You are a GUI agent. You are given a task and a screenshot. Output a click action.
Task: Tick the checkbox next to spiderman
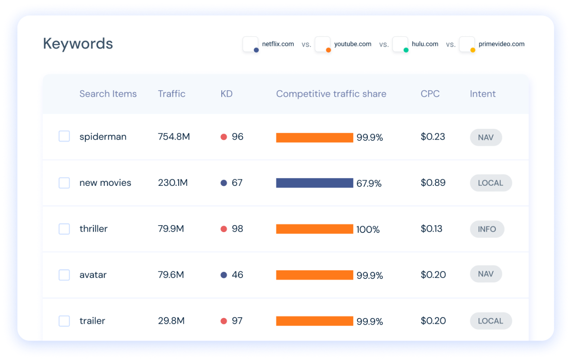64,137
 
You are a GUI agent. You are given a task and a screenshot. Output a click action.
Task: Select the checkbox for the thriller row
64,229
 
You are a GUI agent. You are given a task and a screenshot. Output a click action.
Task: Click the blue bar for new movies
314,183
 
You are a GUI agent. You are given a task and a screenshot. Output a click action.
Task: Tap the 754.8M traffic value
174,137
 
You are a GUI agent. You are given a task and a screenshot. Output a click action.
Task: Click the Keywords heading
78,44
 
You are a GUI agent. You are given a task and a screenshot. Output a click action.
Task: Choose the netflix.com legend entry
278,44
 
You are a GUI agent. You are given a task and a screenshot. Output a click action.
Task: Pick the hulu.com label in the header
424,44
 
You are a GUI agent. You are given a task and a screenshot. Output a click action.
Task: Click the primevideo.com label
501,44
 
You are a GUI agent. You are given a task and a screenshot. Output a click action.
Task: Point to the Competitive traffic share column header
331,94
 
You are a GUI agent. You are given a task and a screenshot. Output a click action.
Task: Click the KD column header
226,94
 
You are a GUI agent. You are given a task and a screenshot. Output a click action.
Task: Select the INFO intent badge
487,229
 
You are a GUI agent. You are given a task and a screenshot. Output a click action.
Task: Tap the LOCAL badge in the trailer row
491,321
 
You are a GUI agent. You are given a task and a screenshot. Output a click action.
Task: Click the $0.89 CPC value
433,183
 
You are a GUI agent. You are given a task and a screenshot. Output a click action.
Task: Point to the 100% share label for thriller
368,229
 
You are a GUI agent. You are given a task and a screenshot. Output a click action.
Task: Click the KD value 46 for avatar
237,274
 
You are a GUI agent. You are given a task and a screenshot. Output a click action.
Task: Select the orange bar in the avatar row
314,275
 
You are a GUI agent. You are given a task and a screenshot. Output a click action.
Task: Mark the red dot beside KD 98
224,229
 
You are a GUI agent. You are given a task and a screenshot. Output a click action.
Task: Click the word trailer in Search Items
92,321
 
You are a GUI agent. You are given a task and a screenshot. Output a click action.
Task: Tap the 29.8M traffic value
171,321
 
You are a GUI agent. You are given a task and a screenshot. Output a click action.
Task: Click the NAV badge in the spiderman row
486,137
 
